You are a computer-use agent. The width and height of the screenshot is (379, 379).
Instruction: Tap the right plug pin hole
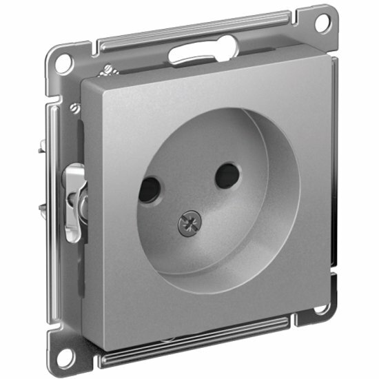tap(225, 176)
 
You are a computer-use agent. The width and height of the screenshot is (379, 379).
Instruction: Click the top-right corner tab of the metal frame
tap(324, 18)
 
